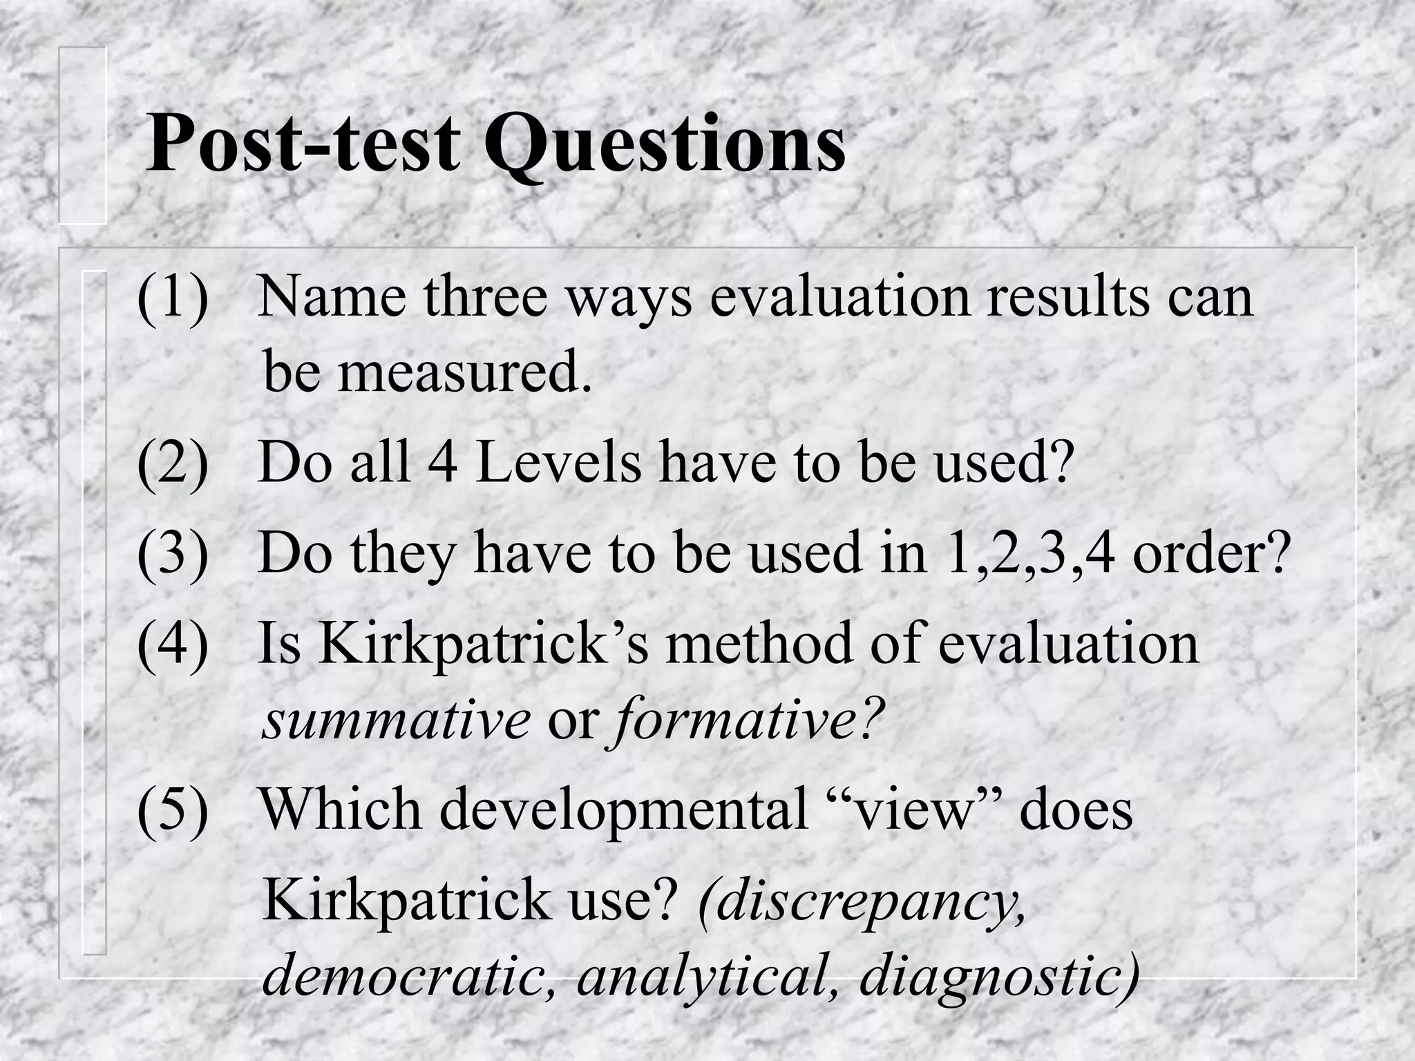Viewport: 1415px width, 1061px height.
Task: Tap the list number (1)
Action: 173,297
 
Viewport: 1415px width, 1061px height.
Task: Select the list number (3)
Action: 173,553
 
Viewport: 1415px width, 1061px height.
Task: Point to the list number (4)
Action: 173,643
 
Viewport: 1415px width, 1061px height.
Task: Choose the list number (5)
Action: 173,809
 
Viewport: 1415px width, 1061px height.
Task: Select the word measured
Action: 464,373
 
